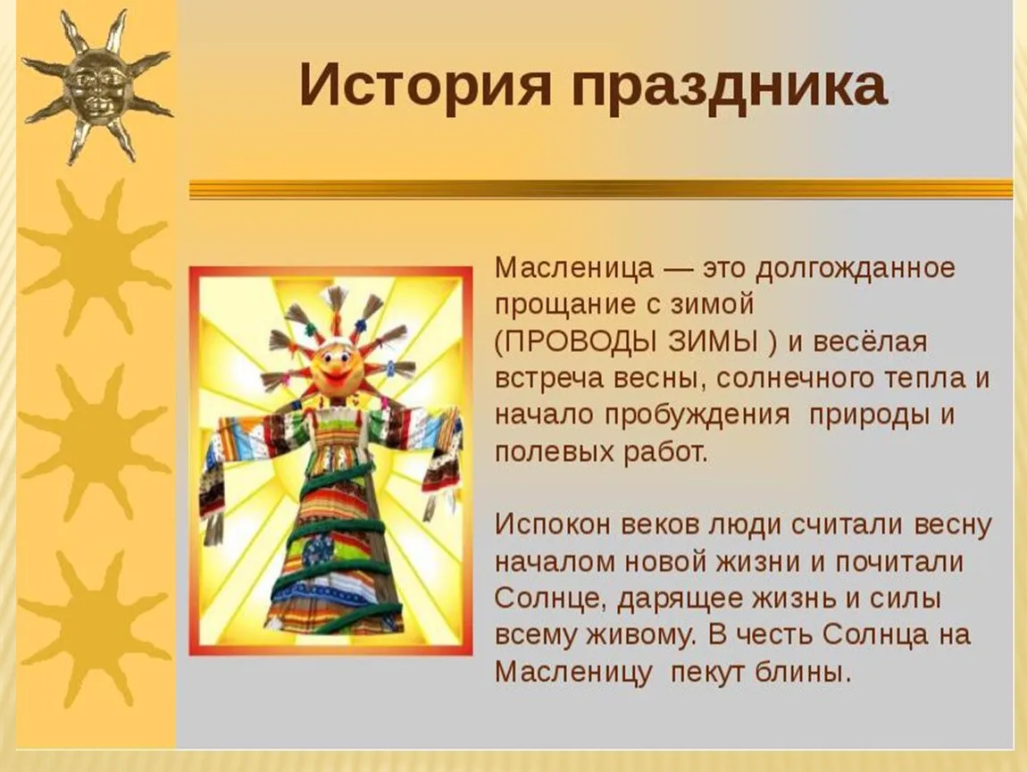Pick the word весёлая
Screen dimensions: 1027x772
coord(870,342)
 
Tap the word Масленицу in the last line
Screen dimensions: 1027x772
coord(573,673)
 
